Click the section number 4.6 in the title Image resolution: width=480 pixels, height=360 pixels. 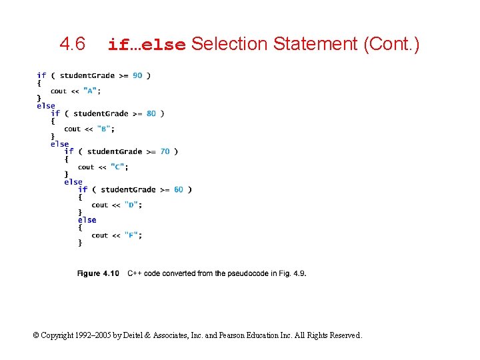pos(72,45)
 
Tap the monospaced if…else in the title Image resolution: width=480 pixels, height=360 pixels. pos(146,45)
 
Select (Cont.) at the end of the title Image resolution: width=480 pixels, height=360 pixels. pos(391,45)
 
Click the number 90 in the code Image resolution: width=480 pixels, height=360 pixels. pos(137,75)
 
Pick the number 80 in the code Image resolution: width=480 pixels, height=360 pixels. pos(151,113)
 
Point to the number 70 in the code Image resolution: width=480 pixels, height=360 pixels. pos(165,151)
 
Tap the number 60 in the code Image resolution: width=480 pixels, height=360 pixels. pos(179,189)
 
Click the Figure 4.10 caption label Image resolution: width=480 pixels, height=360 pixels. pos(98,273)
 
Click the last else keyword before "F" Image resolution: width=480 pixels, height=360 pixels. pos(87,220)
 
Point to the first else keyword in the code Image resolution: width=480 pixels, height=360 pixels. pos(46,105)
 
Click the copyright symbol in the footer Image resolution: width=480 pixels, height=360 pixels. pos(36,335)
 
